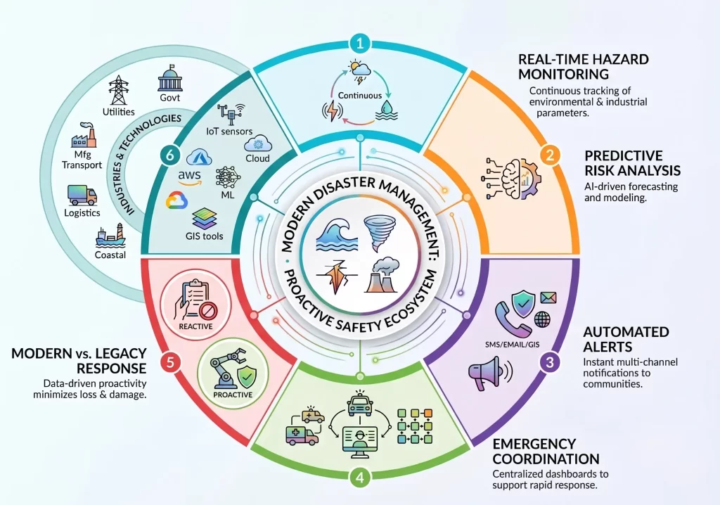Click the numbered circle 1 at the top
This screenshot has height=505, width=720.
(360, 44)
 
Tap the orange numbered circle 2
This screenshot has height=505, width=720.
(550, 155)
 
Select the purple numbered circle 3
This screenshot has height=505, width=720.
(549, 362)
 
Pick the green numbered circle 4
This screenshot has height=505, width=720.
(360, 478)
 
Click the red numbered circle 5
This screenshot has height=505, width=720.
(170, 362)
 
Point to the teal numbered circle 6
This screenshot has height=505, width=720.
(170, 155)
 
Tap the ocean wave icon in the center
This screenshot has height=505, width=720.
(334, 234)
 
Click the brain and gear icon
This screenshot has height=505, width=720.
(513, 179)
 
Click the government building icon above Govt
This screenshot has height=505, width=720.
(170, 77)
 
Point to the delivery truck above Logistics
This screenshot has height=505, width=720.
(82, 196)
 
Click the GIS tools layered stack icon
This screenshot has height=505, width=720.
(205, 219)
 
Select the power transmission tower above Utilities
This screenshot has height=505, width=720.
(118, 91)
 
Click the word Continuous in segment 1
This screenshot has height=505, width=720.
(360, 96)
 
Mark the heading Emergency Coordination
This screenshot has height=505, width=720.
(546, 452)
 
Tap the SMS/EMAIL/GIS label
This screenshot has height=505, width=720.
(512, 344)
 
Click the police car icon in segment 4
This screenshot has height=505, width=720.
(360, 404)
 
